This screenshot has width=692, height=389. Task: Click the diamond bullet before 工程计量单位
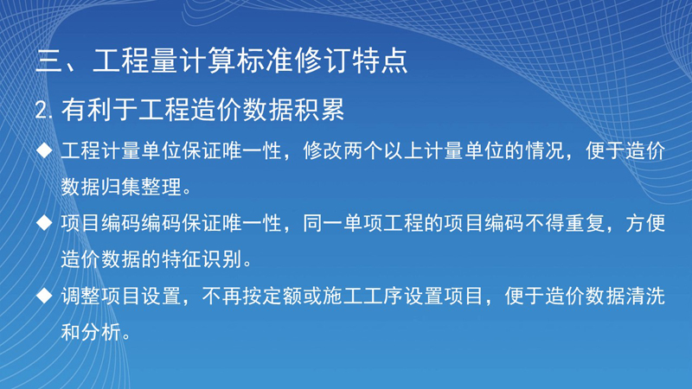(x=44, y=150)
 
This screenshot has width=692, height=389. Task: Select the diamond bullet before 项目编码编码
(x=44, y=223)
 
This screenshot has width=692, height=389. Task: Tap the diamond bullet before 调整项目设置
(x=44, y=295)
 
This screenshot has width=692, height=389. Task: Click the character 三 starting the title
(x=49, y=61)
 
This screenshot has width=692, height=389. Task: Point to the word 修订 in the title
(x=323, y=61)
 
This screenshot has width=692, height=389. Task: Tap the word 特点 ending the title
(x=380, y=61)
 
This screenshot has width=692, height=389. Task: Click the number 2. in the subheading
(x=43, y=110)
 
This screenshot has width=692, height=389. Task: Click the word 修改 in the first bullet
(x=323, y=150)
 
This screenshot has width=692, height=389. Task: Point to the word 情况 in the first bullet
(x=545, y=150)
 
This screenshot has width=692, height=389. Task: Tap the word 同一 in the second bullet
(x=323, y=223)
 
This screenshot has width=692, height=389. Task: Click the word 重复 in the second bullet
(x=585, y=223)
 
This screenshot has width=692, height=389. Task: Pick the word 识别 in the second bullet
(x=222, y=259)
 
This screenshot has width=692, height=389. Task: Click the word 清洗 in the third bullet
(x=645, y=296)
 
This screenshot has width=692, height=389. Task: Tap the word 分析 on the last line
(x=101, y=332)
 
